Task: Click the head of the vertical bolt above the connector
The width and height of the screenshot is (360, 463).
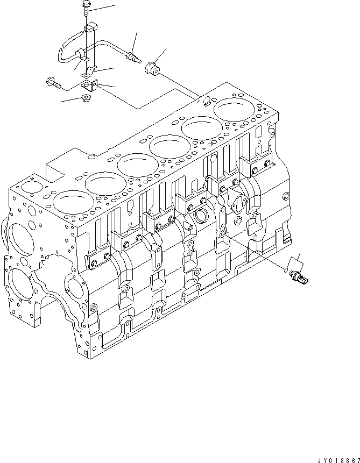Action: (87, 6)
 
